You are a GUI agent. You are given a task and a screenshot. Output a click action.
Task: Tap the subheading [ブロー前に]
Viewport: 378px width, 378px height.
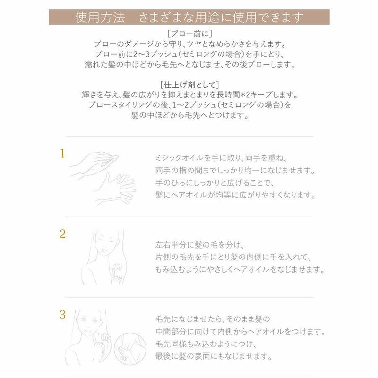[x=189, y=34]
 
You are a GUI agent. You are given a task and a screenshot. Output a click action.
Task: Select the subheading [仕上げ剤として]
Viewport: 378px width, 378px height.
[x=189, y=85]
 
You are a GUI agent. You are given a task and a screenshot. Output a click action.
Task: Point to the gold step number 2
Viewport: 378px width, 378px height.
[x=62, y=233]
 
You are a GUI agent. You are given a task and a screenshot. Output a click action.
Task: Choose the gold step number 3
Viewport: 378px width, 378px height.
[x=62, y=313]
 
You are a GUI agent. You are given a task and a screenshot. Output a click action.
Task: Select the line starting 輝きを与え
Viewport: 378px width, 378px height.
[x=189, y=95]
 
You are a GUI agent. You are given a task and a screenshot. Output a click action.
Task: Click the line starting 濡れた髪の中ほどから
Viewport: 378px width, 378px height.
[x=189, y=64]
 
